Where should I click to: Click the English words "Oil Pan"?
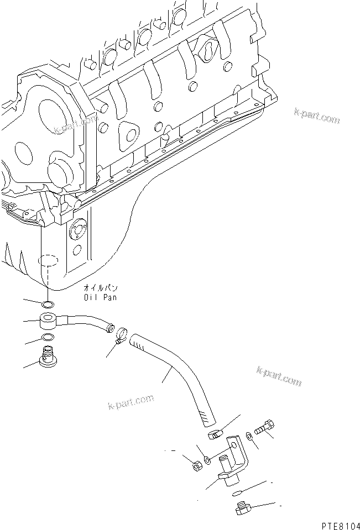click(100, 297)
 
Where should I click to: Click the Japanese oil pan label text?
click(101, 288)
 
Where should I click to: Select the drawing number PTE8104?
click(341, 526)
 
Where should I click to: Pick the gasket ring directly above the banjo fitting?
click(47, 305)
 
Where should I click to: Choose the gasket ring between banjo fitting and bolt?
click(48, 337)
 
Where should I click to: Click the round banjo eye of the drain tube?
click(49, 321)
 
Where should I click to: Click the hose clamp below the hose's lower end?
click(215, 433)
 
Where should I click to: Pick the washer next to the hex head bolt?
click(249, 437)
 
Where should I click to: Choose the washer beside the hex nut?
click(207, 460)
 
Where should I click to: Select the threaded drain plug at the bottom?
click(242, 508)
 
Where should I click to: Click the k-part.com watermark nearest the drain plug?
click(279, 376)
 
